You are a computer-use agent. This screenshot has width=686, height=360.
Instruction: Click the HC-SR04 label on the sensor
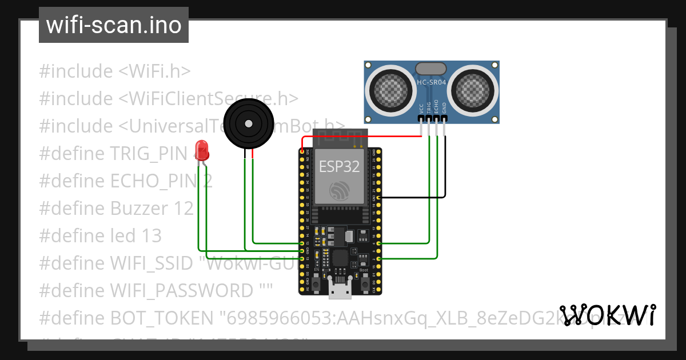tap(432, 82)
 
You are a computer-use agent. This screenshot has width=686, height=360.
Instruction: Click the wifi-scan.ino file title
tap(114, 25)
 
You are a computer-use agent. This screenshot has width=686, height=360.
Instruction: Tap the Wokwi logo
tap(608, 315)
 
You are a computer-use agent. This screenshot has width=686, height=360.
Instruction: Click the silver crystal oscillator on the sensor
tap(431, 69)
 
